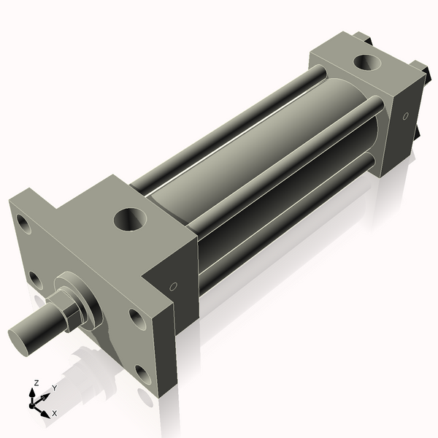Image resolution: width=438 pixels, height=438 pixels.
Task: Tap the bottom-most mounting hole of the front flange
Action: point(144,375)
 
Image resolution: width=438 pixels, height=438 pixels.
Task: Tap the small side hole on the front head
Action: point(173,287)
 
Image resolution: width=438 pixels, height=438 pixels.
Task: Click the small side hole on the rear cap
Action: point(405,115)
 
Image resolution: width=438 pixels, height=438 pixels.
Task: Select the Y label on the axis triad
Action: point(54,388)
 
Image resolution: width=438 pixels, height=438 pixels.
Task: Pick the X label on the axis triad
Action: point(55,413)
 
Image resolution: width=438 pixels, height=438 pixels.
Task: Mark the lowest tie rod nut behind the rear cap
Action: point(419,135)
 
